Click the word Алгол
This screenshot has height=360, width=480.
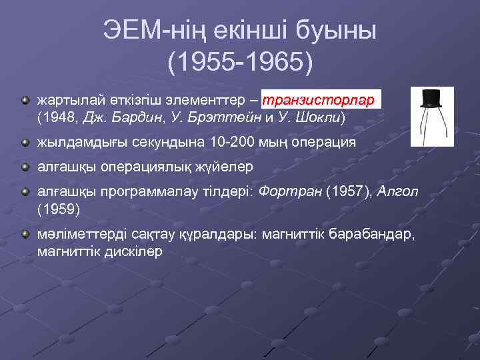[398, 192]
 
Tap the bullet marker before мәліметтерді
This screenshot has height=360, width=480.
[25, 235]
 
